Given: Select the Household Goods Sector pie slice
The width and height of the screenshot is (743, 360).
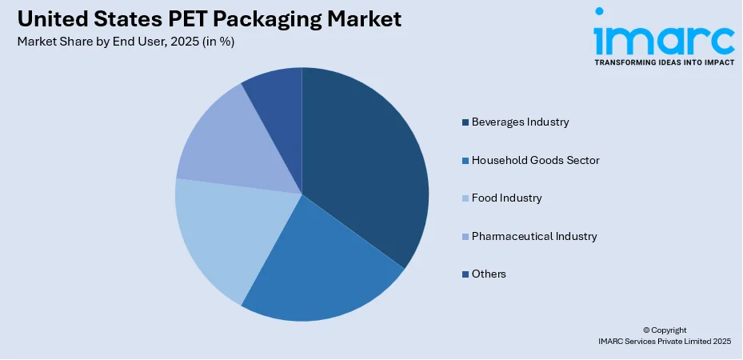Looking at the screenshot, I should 320,264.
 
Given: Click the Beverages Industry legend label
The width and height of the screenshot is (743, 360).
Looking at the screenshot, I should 520,122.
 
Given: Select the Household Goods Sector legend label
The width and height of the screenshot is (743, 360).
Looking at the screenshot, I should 535,160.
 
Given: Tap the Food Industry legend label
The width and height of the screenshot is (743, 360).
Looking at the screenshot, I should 506,198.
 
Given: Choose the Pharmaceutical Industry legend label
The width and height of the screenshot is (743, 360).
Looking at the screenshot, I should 534,236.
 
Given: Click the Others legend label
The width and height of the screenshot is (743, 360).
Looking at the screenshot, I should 489,274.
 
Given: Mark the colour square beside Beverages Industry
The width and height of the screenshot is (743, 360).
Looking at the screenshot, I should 465,122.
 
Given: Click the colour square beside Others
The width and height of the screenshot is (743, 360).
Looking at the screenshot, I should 465,274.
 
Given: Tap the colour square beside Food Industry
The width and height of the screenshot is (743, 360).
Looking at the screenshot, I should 465,198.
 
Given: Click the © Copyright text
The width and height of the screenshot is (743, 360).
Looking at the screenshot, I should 664,330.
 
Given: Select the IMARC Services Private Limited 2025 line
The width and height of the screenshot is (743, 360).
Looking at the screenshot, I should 664,342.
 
